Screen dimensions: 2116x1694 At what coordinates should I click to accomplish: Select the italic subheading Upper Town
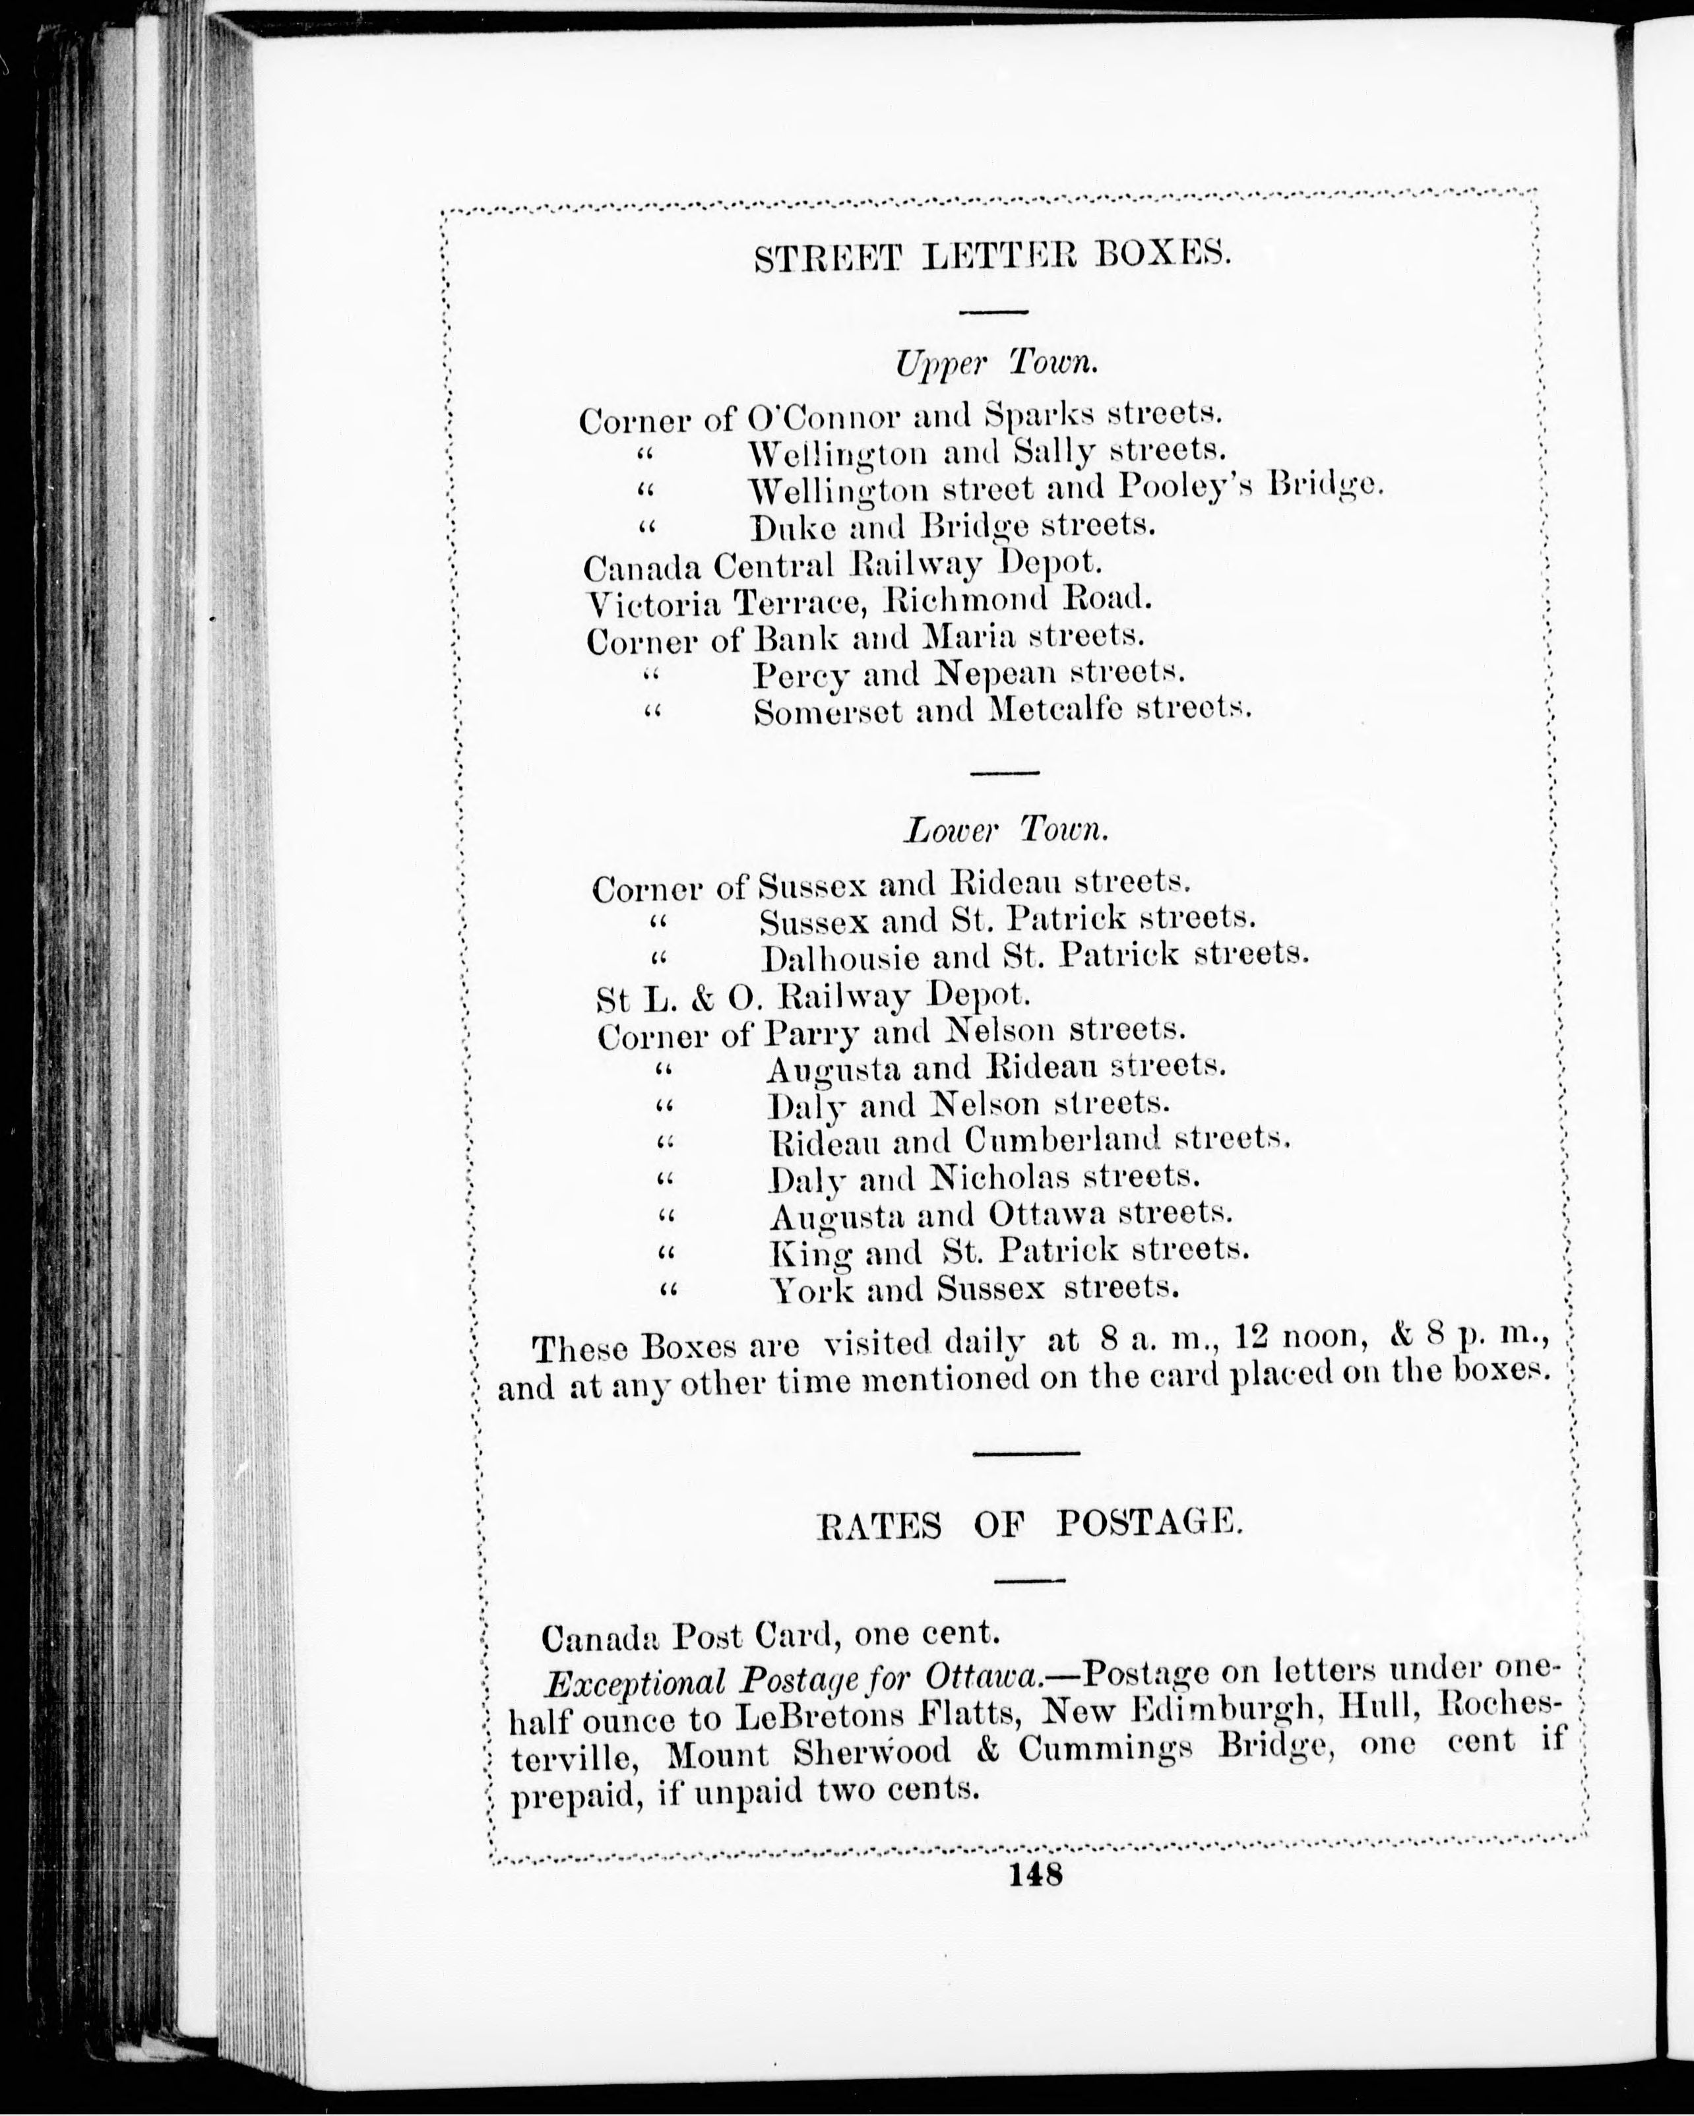pyautogui.click(x=995, y=363)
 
